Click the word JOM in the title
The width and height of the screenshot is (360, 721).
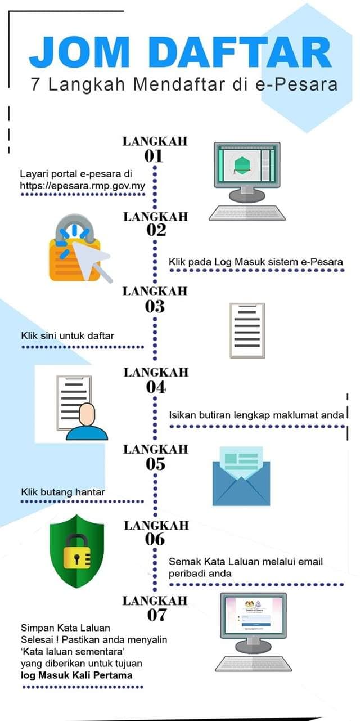pos(79,52)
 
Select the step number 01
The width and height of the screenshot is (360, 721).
pos(154,156)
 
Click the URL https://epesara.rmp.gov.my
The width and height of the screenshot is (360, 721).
pos(83,186)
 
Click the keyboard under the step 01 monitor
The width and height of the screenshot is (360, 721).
pos(247,212)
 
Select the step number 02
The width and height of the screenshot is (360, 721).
pos(156,230)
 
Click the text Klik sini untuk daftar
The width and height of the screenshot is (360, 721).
pos(67,335)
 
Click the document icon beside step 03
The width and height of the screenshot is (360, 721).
pos(247,330)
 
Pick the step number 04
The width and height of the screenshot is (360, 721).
pos(156,387)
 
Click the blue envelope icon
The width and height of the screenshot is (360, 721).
pos(241,476)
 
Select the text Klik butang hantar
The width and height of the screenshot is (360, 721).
pos(63,492)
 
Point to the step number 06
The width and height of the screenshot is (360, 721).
pos(155,539)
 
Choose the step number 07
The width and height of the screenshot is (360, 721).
pos(157,615)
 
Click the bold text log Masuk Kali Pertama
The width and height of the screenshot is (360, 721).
pos(76,675)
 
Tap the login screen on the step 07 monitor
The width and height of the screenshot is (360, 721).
pos(254,613)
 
